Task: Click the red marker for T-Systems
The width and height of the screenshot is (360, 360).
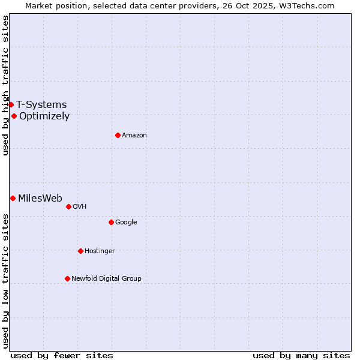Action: [x=11, y=104]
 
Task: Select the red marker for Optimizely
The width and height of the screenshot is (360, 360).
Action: [x=14, y=116]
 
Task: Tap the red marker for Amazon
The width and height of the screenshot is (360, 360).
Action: [x=118, y=135]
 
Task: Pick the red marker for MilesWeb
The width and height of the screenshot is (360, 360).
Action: [x=13, y=198]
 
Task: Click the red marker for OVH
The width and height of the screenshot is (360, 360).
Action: [x=68, y=206]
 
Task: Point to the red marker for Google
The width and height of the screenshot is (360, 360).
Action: [x=111, y=222]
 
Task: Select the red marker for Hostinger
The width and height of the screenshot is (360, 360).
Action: [x=80, y=251]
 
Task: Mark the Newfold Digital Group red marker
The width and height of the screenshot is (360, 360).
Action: [x=67, y=278]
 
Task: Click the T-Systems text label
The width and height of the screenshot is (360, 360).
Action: [x=41, y=104]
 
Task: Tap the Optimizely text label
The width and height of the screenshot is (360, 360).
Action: [x=44, y=116]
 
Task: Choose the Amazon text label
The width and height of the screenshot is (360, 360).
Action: [x=134, y=135]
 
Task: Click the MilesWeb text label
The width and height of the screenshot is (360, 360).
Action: [x=40, y=198]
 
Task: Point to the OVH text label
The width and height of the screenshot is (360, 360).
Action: [x=80, y=206]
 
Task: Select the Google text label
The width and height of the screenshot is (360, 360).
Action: [x=126, y=222]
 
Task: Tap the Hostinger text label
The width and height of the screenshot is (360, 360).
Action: [x=100, y=251]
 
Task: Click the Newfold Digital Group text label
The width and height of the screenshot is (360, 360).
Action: [x=106, y=278]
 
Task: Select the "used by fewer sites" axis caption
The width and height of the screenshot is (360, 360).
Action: [x=62, y=355]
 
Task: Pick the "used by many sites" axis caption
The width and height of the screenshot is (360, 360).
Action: [x=301, y=355]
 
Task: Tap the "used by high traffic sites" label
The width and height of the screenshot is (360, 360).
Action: [x=5, y=85]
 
